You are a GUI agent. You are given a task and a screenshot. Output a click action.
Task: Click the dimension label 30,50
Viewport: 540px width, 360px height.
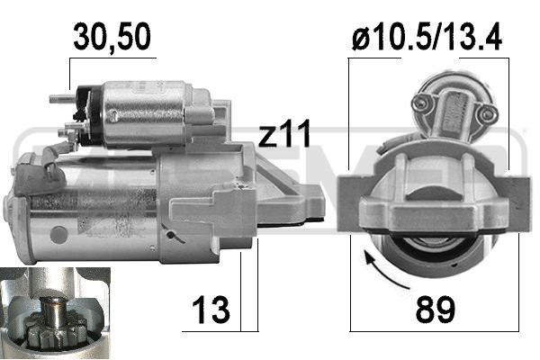point(112,37)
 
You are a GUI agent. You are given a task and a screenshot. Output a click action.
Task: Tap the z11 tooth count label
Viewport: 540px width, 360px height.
point(284,133)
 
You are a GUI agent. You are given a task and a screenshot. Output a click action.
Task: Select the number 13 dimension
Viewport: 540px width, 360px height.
point(211,310)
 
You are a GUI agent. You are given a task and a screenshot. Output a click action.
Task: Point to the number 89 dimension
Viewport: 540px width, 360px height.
point(436,310)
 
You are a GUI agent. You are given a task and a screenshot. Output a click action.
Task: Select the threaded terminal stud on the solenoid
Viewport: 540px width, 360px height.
point(63,99)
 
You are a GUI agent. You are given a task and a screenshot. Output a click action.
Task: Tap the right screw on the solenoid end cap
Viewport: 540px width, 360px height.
point(487,113)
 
